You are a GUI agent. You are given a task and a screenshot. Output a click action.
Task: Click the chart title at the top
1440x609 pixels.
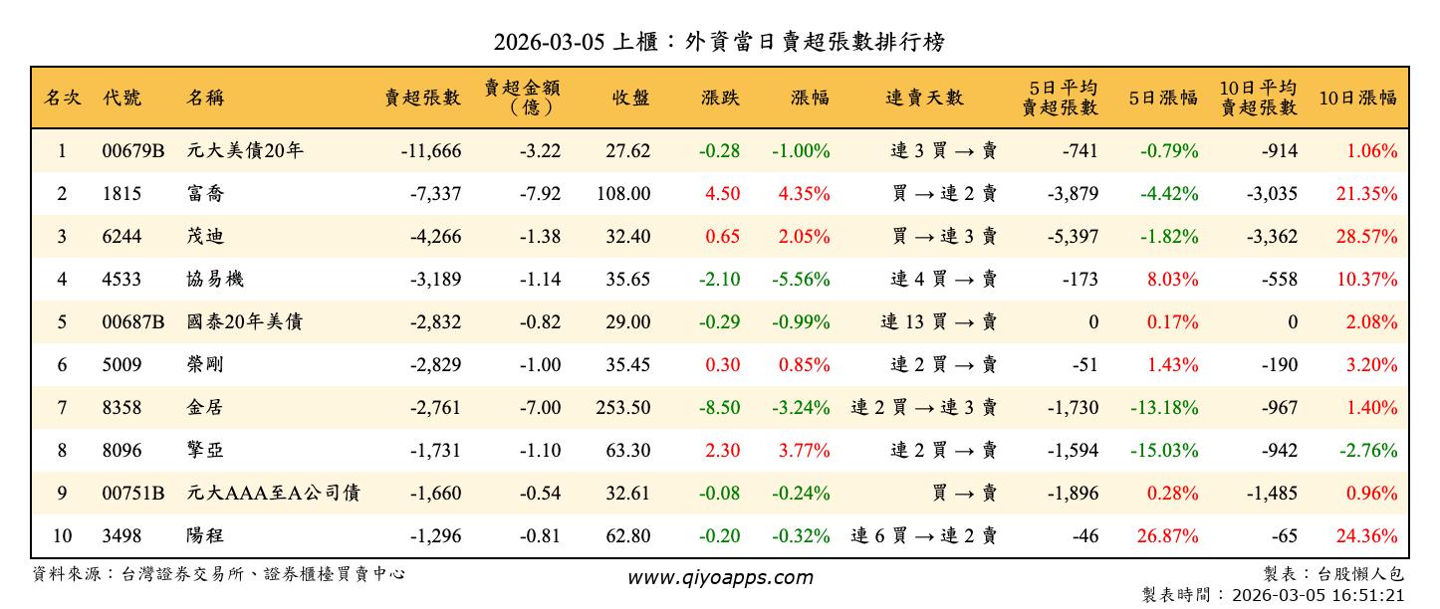coord(719,42)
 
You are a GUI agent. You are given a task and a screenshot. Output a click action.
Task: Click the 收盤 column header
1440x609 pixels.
coord(630,98)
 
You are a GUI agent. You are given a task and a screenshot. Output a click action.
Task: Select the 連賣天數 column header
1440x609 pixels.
coord(924,98)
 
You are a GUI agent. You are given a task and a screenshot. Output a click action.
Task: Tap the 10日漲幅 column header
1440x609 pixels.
coord(1357,98)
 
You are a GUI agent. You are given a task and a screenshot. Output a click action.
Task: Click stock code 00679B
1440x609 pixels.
coord(132,151)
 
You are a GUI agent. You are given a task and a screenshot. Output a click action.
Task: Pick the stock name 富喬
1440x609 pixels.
coord(205,194)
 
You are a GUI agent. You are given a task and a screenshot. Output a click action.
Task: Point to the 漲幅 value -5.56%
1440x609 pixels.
coord(801,280)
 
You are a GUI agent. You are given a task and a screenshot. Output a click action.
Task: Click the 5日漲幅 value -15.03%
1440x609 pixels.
coord(1163,451)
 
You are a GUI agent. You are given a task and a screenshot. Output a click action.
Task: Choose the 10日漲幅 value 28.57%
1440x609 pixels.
coord(1366,237)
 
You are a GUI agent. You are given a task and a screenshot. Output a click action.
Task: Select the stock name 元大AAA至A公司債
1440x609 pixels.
coord(273,494)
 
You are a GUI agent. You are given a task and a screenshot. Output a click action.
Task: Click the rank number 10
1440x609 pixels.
coord(62,536)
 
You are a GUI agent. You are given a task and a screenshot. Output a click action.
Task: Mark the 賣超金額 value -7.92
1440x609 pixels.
coord(540,194)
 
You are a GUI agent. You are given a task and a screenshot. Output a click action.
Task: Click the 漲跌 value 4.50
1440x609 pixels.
coord(722,194)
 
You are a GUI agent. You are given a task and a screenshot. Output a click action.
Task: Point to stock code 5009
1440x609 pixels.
coord(121,365)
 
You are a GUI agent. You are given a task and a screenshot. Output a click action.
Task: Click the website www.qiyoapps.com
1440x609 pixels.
coord(719,577)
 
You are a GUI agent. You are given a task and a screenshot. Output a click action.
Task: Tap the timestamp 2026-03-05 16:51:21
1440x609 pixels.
coord(1318,595)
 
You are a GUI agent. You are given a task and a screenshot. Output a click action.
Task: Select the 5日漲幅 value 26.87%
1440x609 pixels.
coord(1167,536)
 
